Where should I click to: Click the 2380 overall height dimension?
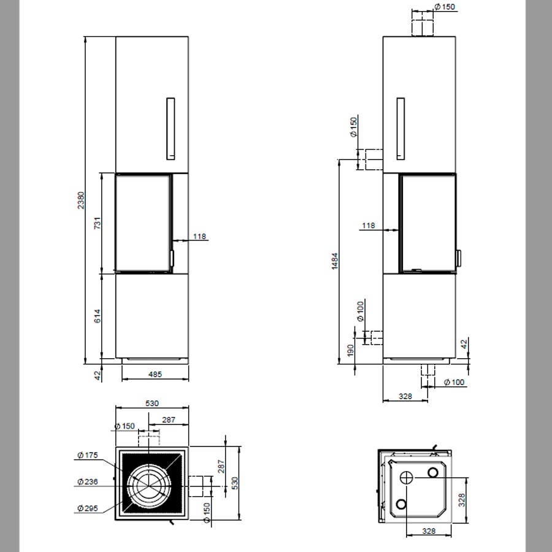(x=81, y=200)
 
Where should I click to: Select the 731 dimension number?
(x=97, y=223)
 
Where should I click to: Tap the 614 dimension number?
(x=97, y=316)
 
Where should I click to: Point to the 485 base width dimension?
(x=155, y=374)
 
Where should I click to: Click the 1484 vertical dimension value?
(x=334, y=261)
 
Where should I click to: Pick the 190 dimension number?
(x=350, y=350)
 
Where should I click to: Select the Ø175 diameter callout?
(x=87, y=455)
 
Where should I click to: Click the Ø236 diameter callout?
(x=87, y=481)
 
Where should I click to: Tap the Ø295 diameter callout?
(x=87, y=508)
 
